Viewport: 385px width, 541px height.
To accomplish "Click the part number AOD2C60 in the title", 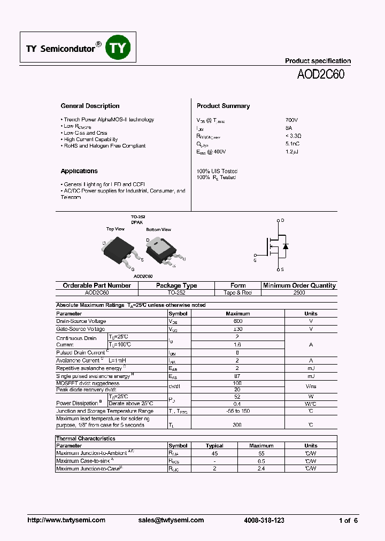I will pyautogui.click(x=321, y=75).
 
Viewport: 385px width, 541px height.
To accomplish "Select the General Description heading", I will pyautogui.click(x=90, y=106).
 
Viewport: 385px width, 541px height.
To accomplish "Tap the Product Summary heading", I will pyautogui.click(x=223, y=106).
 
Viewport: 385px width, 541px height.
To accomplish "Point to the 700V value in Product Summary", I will pyautogui.click(x=292, y=120).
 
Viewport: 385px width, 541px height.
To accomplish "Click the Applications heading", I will pyautogui.click(x=79, y=171).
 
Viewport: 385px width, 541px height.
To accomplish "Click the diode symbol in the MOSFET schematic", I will pyautogui.click(x=286, y=246).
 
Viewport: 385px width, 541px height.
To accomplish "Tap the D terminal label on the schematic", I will pyautogui.click(x=282, y=220).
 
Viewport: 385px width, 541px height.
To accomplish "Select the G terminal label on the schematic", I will pyautogui.click(x=255, y=260).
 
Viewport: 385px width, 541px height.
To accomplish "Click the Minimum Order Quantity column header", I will pyautogui.click(x=299, y=285).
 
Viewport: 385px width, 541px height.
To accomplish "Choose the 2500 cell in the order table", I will pyautogui.click(x=299, y=293).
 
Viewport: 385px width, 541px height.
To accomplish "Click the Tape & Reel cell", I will pyautogui.click(x=238, y=293).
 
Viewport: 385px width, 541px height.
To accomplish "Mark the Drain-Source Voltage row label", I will pyautogui.click(x=81, y=321).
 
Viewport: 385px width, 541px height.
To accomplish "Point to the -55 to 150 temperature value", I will pyautogui.click(x=238, y=411).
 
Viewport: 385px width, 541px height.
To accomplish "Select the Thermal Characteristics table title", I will pyautogui.click(x=86, y=438).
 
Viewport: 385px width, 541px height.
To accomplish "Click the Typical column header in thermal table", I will pyautogui.click(x=214, y=445).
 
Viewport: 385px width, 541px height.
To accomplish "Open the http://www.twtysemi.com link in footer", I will pyautogui.click(x=66, y=520).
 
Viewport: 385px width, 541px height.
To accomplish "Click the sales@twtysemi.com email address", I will pyautogui.click(x=171, y=520).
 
